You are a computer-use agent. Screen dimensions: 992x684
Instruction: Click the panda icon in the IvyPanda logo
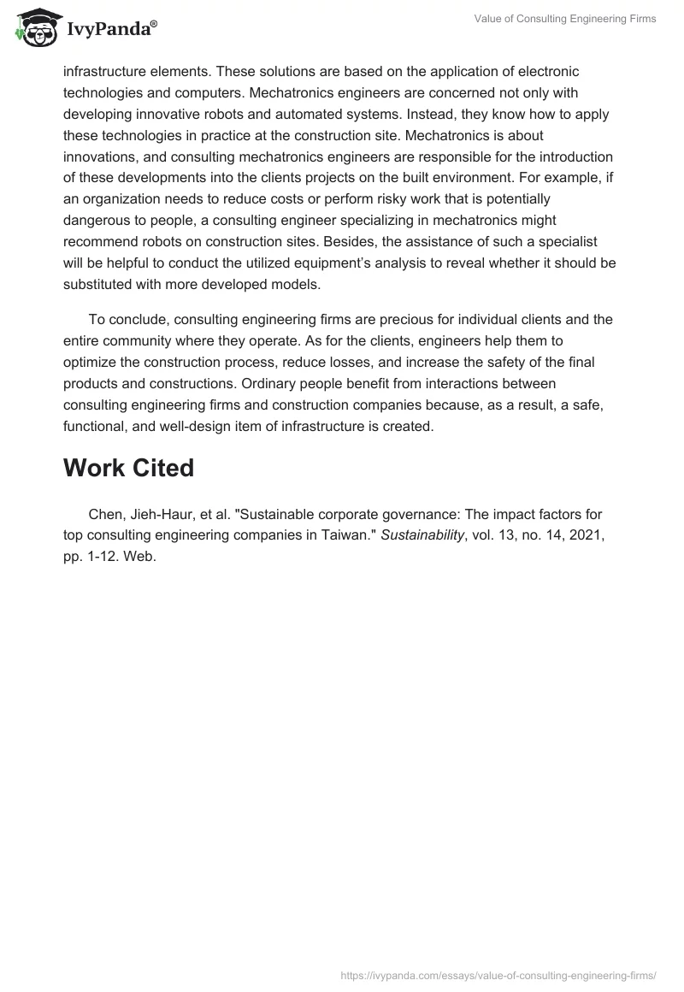34,28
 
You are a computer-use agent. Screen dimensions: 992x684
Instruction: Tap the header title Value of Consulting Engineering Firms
565,19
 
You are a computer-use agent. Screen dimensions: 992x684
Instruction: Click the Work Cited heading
128,468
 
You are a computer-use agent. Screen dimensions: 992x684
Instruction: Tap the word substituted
101,285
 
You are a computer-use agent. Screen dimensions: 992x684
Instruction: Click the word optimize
91,363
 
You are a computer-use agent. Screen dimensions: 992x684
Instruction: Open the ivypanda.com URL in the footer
498,974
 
